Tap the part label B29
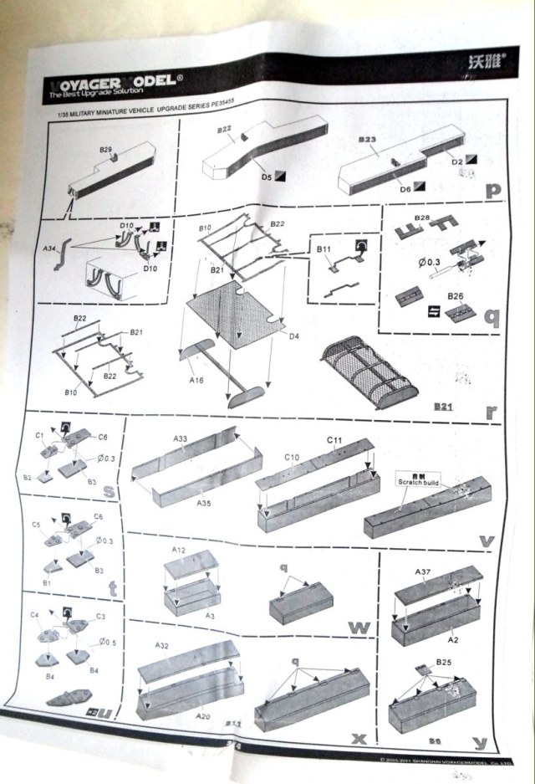[106, 150]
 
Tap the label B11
[324, 249]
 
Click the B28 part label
[421, 218]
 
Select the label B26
[455, 295]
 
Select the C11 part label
[334, 440]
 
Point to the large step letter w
[357, 627]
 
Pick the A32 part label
[163, 645]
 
